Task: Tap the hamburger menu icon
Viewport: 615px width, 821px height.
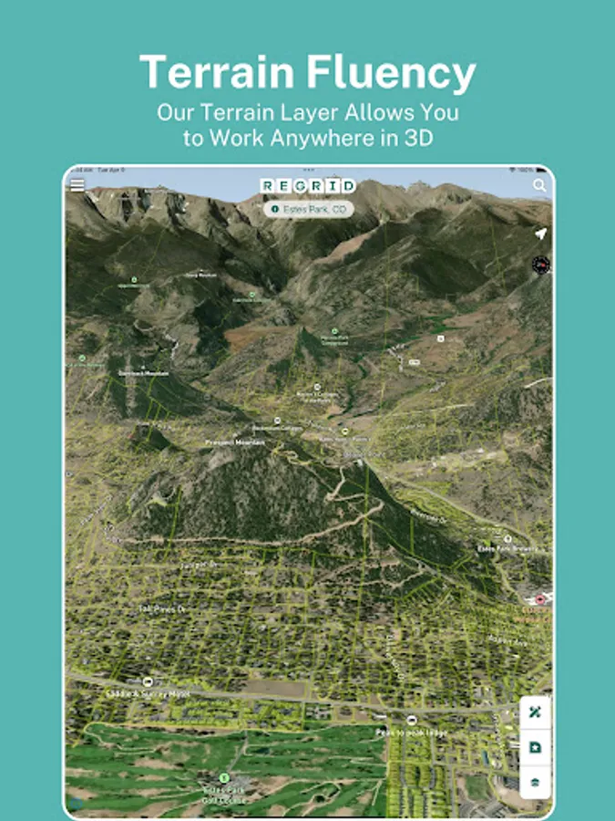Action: tap(77, 185)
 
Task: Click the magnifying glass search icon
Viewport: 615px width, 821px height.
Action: tap(539, 185)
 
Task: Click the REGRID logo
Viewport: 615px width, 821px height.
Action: tap(307, 186)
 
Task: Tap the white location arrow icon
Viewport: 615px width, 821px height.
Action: tap(540, 234)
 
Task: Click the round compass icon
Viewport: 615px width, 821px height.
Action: tap(541, 265)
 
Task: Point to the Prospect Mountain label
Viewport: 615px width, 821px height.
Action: tap(234, 442)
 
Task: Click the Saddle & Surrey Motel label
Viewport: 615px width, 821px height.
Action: tap(149, 694)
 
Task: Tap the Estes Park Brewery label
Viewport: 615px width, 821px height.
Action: tap(507, 548)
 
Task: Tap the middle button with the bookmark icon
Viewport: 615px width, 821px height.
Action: tap(536, 747)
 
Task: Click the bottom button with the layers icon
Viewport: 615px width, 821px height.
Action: tap(536, 782)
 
